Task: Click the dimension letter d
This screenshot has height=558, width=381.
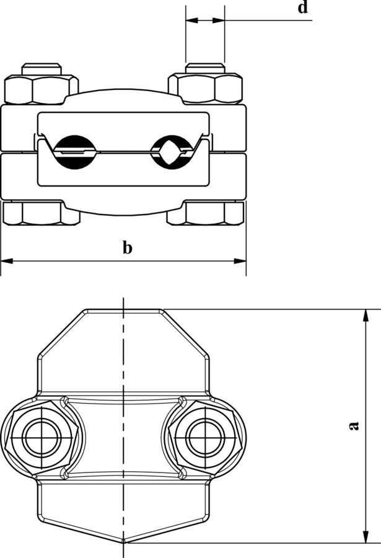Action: pos(302,8)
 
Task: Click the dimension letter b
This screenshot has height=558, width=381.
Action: pos(127,248)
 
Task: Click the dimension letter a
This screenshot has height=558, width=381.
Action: pos(354,425)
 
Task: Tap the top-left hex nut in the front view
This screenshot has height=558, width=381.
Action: pos(42,89)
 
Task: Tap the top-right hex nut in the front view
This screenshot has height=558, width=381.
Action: pos(206,89)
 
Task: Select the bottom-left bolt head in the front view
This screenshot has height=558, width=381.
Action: pos(35,213)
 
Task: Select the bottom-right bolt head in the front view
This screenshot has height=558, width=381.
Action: pos(212,213)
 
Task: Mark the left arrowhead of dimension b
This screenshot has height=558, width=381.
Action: pos(6,261)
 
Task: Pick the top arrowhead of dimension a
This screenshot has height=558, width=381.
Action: pos(367,316)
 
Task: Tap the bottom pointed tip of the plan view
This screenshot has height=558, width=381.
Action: pos(124,543)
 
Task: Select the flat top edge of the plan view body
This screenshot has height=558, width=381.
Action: pos(124,309)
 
